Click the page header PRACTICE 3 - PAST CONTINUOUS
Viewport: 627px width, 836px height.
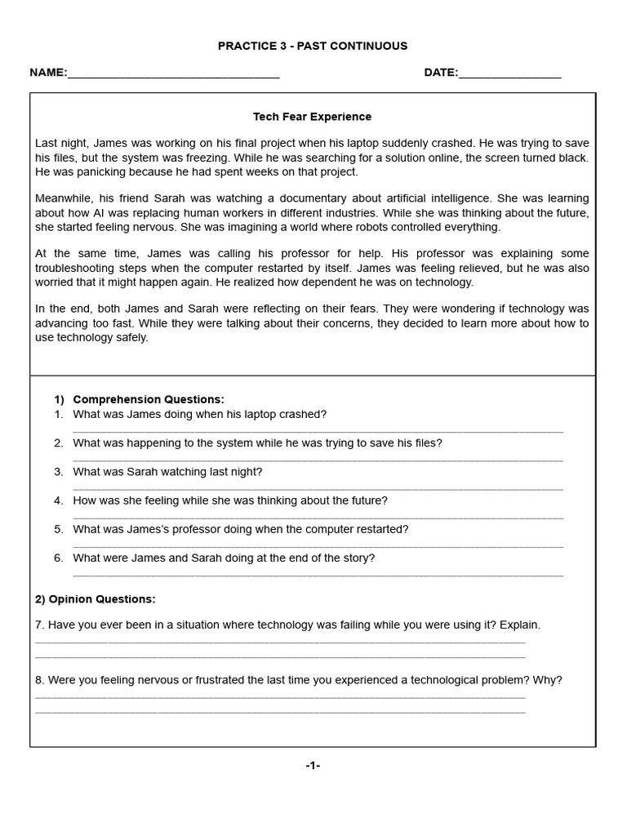coord(313,46)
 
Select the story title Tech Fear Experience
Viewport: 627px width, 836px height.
coord(312,117)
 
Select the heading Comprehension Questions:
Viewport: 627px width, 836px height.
coord(148,399)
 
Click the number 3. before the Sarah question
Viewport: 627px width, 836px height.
coord(59,472)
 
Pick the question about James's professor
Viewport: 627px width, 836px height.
coord(240,529)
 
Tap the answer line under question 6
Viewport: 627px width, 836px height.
coord(318,575)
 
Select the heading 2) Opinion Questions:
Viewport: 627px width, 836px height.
coord(95,599)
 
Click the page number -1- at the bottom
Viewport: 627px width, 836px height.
coord(313,766)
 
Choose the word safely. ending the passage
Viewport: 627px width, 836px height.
coord(131,337)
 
